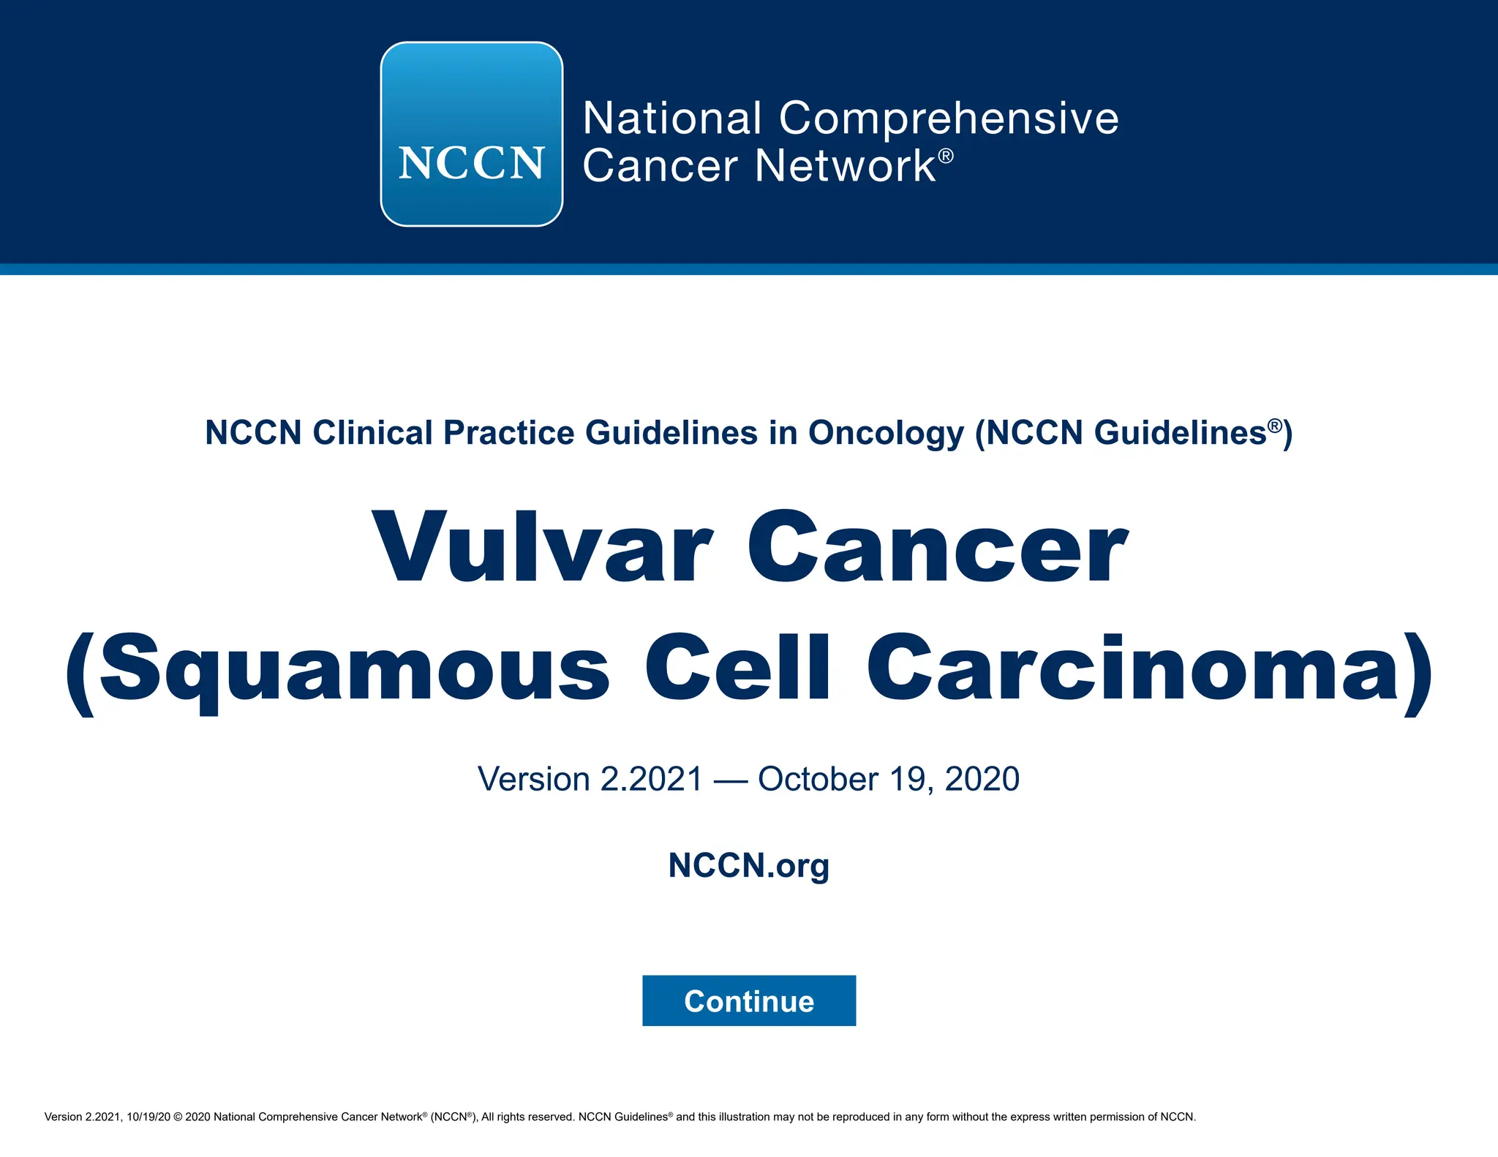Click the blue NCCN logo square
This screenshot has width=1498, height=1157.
[x=471, y=134]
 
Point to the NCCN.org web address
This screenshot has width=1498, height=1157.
[x=748, y=865]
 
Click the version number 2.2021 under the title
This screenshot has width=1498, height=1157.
[x=651, y=779]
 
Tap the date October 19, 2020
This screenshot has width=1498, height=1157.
[x=888, y=779]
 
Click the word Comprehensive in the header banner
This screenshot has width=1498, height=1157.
[x=949, y=118]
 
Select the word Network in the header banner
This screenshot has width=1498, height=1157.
[x=845, y=166]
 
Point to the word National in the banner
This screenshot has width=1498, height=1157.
[x=672, y=118]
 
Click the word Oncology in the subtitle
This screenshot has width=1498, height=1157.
[x=886, y=433]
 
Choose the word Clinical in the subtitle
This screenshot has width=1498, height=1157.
[x=373, y=433]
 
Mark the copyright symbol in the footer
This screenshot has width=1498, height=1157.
[x=178, y=1117]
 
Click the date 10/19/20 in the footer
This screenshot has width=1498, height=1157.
[x=148, y=1117]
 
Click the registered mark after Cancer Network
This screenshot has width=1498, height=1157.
[x=946, y=156]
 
